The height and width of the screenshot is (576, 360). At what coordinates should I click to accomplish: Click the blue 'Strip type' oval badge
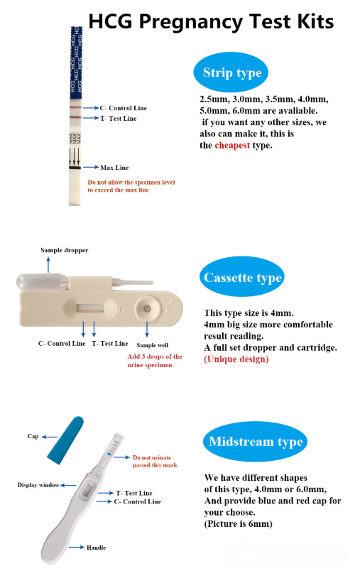point(231,72)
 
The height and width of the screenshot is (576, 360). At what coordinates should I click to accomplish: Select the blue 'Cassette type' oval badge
point(242,276)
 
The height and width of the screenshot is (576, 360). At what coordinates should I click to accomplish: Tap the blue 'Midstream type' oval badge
point(256,441)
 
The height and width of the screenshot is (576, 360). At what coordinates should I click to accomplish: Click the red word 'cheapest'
point(232,146)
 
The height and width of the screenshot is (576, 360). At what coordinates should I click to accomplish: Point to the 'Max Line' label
point(114,168)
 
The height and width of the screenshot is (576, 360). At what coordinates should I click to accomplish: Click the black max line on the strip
point(75,168)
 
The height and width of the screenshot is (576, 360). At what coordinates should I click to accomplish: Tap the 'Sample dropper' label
point(65,250)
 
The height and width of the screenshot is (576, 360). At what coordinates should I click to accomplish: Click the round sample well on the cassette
point(147,308)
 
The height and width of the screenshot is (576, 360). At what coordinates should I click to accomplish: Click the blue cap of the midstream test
point(66,440)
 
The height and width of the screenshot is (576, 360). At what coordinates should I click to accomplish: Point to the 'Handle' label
point(97,548)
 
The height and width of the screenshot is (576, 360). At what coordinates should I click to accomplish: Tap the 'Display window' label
point(38,485)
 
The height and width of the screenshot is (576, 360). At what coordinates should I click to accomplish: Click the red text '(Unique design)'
point(236,359)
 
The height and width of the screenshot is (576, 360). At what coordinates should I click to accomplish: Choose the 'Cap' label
point(33,436)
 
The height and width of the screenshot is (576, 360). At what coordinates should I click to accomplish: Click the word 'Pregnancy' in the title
point(191,21)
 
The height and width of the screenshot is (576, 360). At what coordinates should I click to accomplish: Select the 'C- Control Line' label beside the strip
point(124,108)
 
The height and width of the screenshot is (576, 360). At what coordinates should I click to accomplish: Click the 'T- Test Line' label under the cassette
point(110,344)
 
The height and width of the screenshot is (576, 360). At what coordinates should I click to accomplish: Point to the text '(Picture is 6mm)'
point(238,523)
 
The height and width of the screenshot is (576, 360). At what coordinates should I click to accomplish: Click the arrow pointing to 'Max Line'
point(91,167)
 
